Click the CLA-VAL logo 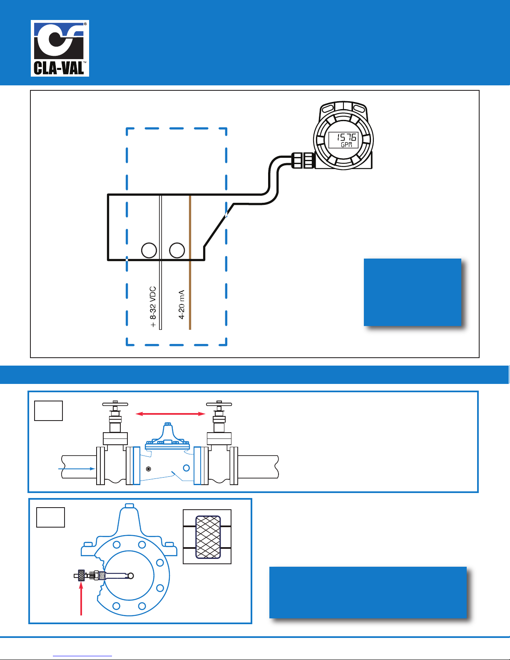click(60, 48)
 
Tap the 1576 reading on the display click(346, 137)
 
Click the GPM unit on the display click(346, 145)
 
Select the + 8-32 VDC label click(153, 307)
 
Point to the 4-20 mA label click(182, 304)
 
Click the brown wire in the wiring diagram click(190, 262)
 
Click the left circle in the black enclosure click(149, 250)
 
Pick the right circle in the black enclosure click(177, 250)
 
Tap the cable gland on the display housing click(303, 160)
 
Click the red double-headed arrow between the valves click(171, 413)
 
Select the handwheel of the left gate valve click(115, 404)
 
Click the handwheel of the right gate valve click(219, 404)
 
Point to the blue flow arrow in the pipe click(77, 468)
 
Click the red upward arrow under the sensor click(81, 599)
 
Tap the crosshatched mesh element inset click(208, 537)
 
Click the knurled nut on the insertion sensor click(81, 575)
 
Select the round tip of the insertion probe click(131, 575)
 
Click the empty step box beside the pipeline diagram click(49, 411)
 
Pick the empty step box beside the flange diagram click(51, 517)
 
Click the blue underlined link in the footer click(82, 655)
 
